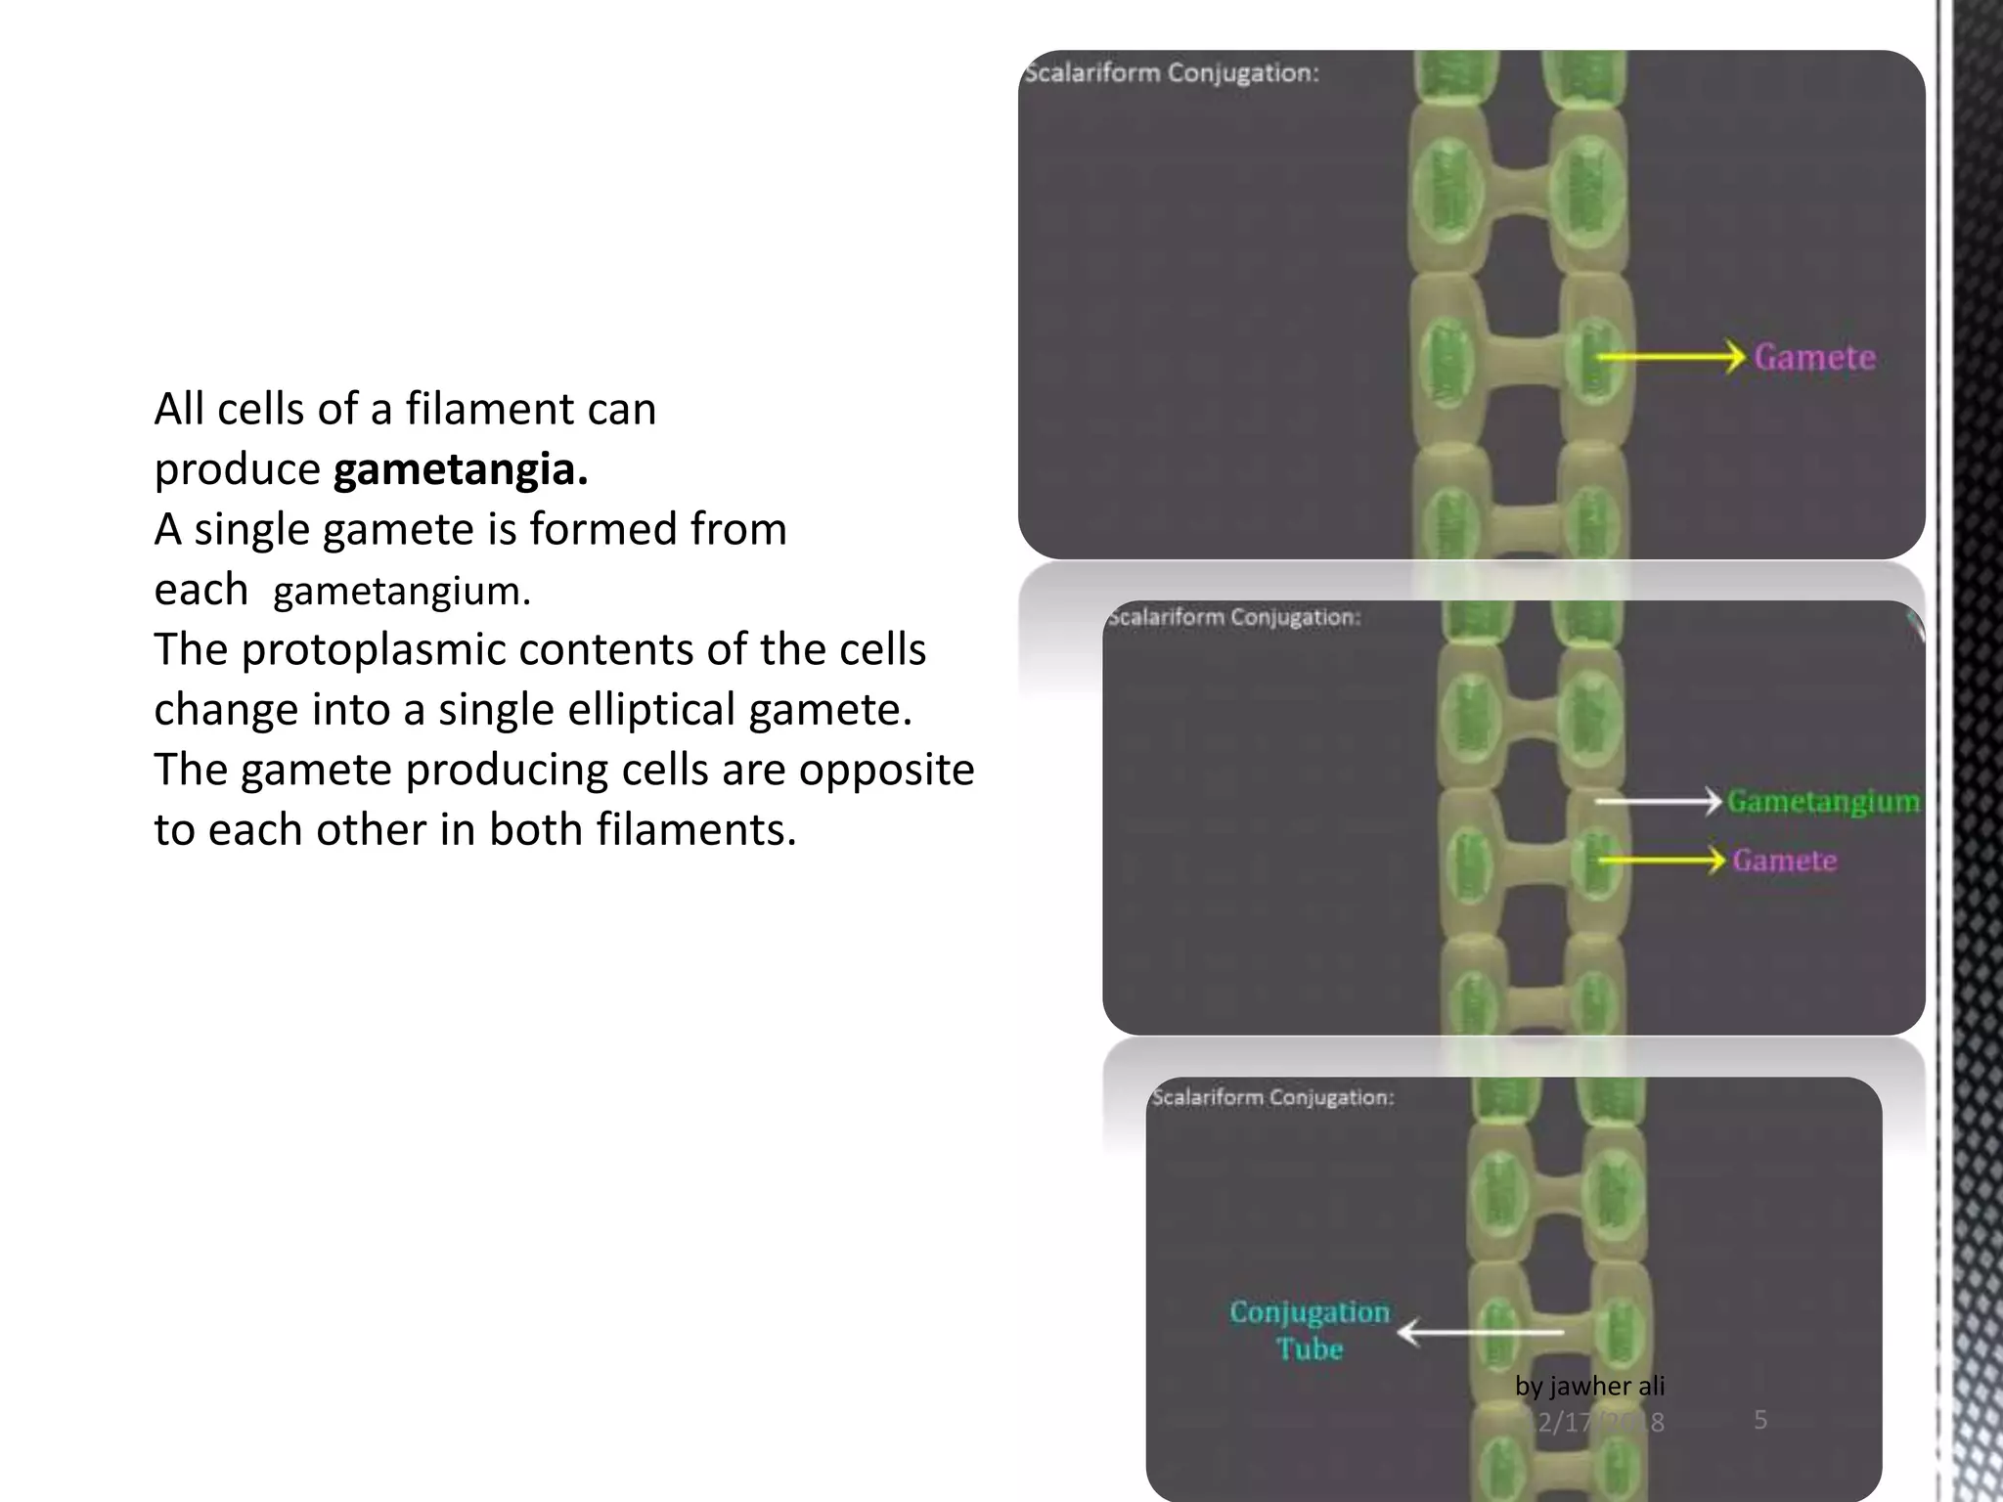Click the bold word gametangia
click(x=461, y=470)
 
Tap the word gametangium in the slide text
click(x=401, y=592)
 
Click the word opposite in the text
click(x=886, y=770)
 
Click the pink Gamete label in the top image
click(x=1814, y=358)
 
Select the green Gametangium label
click(x=1823, y=802)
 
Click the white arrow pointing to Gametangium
click(x=1658, y=802)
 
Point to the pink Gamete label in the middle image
click(x=1784, y=861)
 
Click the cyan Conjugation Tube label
click(x=1310, y=1330)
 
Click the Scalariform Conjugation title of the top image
click(x=1172, y=73)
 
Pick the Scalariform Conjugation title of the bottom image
click(x=1272, y=1097)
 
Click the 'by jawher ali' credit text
click(x=1589, y=1386)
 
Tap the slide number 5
click(x=1760, y=1420)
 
